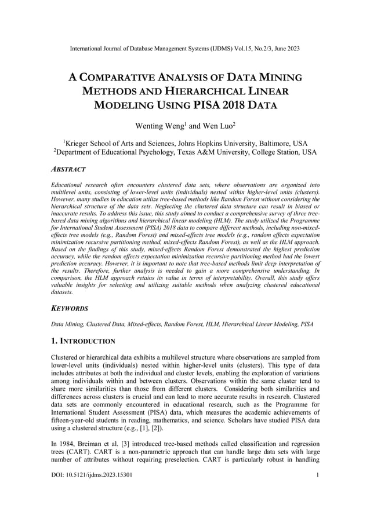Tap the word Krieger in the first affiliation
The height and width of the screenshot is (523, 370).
click(80, 143)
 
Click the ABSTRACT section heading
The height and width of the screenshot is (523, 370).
click(68, 170)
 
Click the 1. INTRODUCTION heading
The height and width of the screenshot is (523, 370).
click(84, 341)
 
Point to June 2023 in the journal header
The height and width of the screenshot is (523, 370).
click(285, 49)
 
